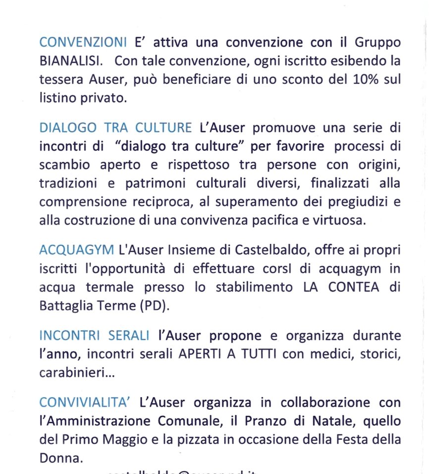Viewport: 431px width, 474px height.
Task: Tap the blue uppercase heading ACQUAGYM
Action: (x=76, y=250)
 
